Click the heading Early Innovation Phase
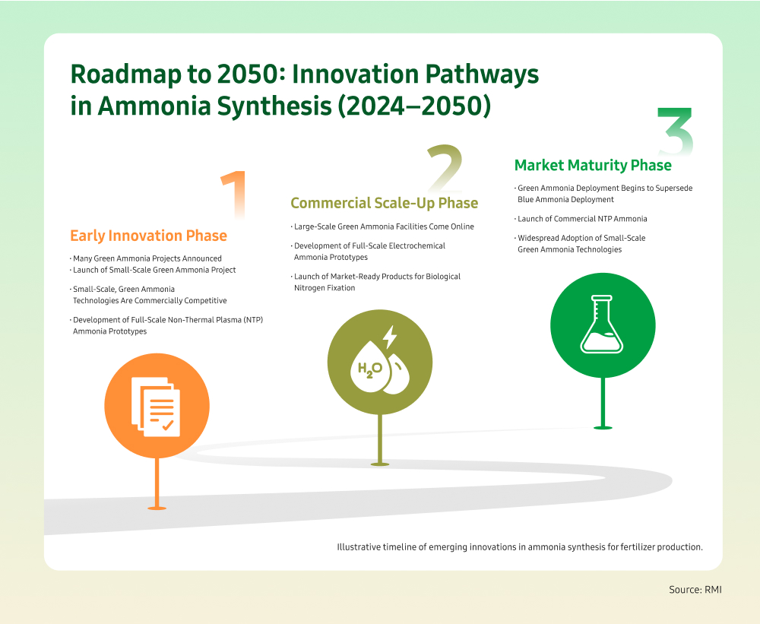[148, 236]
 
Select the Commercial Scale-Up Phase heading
[385, 203]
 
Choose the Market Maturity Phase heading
[593, 166]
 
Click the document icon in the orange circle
[156, 407]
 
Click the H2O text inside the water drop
[370, 369]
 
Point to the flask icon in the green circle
[602, 324]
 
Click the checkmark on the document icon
[168, 426]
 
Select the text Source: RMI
[695, 590]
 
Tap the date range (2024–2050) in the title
[414, 106]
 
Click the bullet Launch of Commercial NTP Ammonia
[582, 219]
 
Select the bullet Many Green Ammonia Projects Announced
[147, 258]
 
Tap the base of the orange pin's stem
[157, 508]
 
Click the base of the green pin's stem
[603, 427]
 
